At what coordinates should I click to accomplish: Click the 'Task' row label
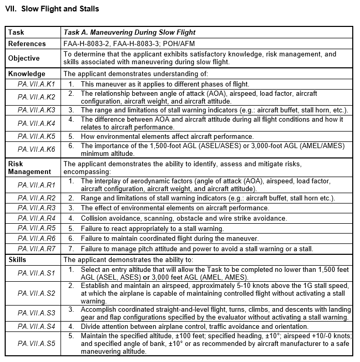click(x=16, y=33)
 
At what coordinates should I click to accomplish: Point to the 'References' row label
click(x=27, y=44)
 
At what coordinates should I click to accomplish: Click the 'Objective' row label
click(x=24, y=57)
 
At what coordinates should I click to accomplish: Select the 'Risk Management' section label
click(x=29, y=167)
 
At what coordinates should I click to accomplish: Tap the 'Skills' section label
click(x=18, y=259)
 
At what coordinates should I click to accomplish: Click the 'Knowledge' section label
click(x=26, y=74)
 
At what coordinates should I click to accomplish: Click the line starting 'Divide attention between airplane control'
click(x=194, y=326)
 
